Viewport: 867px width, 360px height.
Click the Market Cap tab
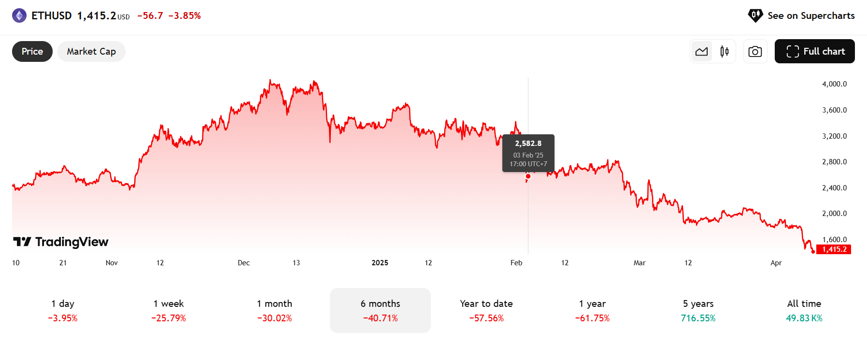91,51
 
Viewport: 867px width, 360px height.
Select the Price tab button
32,51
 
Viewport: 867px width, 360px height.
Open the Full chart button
814,51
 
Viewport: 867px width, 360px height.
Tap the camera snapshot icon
755,51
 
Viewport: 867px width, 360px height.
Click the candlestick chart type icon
725,51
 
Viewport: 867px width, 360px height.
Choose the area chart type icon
702,51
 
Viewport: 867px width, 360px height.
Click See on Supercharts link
802,15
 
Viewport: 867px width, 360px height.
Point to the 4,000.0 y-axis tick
834,84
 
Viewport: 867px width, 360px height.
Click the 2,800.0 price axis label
834,162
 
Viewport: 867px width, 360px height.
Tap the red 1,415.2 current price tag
834,249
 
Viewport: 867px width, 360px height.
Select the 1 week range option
169,310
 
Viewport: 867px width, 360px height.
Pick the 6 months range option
380,310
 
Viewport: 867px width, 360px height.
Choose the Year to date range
486,310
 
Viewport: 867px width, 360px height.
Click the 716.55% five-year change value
698,318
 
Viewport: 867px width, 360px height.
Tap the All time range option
804,310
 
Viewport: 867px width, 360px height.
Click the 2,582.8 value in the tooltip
528,144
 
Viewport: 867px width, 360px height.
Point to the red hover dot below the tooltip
528,176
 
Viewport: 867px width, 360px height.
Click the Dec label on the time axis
244,263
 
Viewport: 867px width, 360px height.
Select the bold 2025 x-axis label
380,263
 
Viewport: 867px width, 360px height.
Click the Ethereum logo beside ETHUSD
19,15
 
